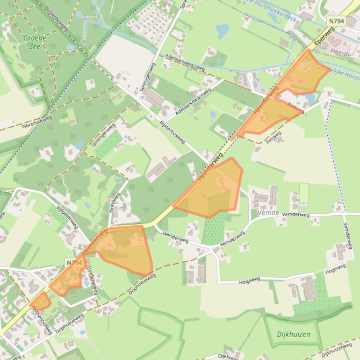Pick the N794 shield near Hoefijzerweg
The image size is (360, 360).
tap(74, 263)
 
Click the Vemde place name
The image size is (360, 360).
tap(268, 213)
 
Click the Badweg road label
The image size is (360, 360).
tap(296, 108)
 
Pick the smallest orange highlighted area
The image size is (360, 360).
tap(41, 301)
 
